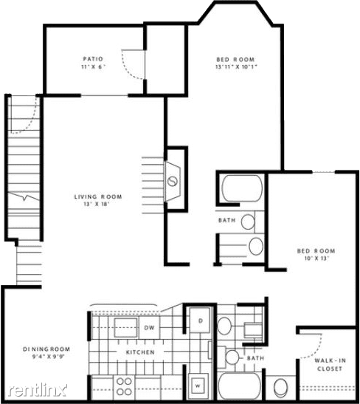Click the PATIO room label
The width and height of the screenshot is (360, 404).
93,59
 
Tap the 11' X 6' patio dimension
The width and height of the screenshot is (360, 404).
93,66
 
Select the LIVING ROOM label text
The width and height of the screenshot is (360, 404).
98,197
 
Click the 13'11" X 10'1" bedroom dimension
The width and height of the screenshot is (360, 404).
236,66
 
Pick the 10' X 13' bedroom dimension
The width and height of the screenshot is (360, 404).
316,259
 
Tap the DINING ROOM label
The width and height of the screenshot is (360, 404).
46,349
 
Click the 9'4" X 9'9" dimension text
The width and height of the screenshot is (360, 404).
46,357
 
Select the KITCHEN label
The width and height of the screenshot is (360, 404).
140,352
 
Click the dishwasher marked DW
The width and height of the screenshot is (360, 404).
149,327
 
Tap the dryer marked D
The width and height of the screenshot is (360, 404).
200,321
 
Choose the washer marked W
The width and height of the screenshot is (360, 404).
198,386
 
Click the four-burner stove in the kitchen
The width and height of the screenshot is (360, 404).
124,386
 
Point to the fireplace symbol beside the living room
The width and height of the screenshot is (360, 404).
173,182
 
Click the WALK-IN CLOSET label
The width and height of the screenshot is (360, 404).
330,365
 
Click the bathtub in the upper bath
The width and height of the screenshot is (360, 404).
242,188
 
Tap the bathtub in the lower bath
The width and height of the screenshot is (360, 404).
240,386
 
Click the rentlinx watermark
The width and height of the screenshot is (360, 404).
38,390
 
